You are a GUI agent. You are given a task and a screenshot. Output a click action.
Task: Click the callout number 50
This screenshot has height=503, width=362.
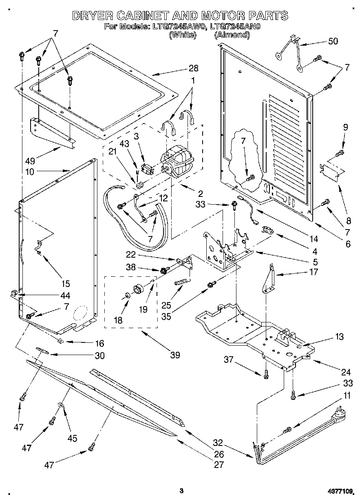[333, 42]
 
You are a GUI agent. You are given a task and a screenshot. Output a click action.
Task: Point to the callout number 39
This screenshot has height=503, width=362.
[175, 355]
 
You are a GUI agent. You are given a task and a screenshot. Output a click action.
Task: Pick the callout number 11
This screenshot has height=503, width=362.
[347, 395]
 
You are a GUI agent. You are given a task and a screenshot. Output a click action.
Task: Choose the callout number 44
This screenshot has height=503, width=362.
[65, 296]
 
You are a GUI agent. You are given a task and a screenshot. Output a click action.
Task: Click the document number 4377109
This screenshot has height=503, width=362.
[340, 492]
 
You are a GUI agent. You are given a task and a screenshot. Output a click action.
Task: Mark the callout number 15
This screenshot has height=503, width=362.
[65, 284]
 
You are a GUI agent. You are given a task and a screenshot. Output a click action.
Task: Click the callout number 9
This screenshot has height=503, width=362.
[345, 127]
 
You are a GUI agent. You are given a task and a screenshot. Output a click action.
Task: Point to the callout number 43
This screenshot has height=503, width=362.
[124, 143]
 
